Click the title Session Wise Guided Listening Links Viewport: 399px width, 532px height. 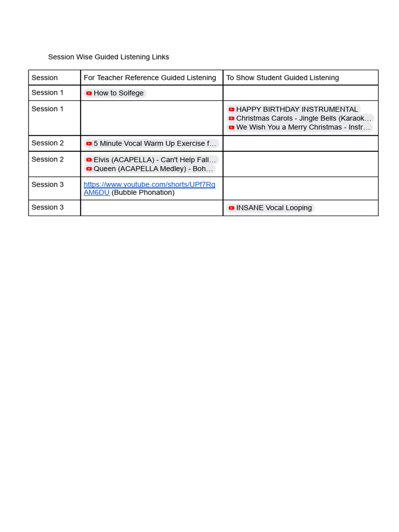[x=108, y=57]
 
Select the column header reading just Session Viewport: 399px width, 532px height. [x=45, y=77]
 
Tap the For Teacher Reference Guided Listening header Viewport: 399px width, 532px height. [x=150, y=77]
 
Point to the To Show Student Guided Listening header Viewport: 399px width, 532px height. [x=282, y=77]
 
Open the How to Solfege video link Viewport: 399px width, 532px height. [x=118, y=93]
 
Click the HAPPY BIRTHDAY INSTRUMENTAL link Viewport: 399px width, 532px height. [x=297, y=109]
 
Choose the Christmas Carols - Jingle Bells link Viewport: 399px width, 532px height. [x=303, y=118]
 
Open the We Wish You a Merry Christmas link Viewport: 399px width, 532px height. [x=303, y=127]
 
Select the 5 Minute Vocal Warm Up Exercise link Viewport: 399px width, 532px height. [x=154, y=143]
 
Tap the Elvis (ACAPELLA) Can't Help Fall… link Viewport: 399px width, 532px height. [x=154, y=159]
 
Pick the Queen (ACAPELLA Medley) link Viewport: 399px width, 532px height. [x=153, y=169]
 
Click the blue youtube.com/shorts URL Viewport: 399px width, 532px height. [x=149, y=184]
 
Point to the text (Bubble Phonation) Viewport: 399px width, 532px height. [x=143, y=192]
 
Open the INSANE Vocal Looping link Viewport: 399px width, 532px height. [x=274, y=208]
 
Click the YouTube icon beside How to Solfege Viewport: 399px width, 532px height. [x=89, y=93]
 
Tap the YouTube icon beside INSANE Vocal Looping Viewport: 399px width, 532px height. [x=232, y=208]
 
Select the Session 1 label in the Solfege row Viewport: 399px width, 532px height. [x=48, y=92]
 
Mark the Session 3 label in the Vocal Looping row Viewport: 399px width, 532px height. [x=48, y=207]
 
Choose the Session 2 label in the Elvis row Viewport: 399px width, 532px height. [x=48, y=159]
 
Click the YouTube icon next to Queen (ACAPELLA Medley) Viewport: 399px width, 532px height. [x=89, y=169]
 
